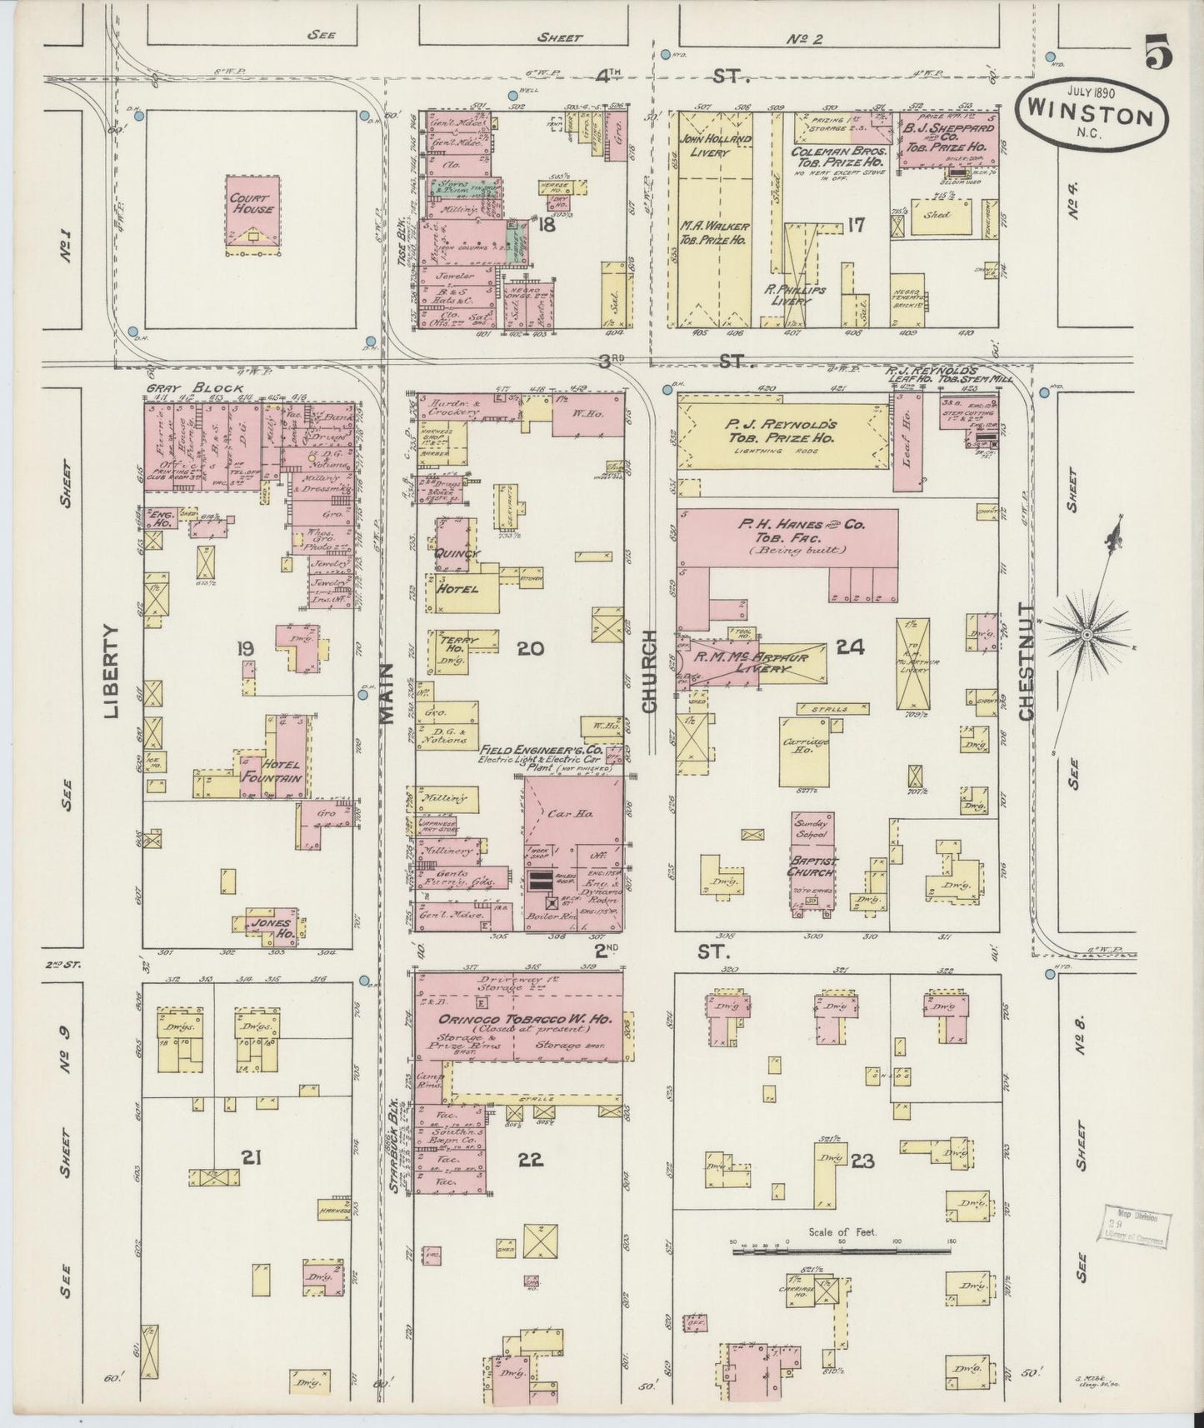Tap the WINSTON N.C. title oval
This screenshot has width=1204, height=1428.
[x=1092, y=114]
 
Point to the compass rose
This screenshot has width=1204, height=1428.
[x=1087, y=636]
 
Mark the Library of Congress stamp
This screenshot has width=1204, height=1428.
[x=1137, y=1226]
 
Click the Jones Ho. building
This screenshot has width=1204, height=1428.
[x=272, y=927]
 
